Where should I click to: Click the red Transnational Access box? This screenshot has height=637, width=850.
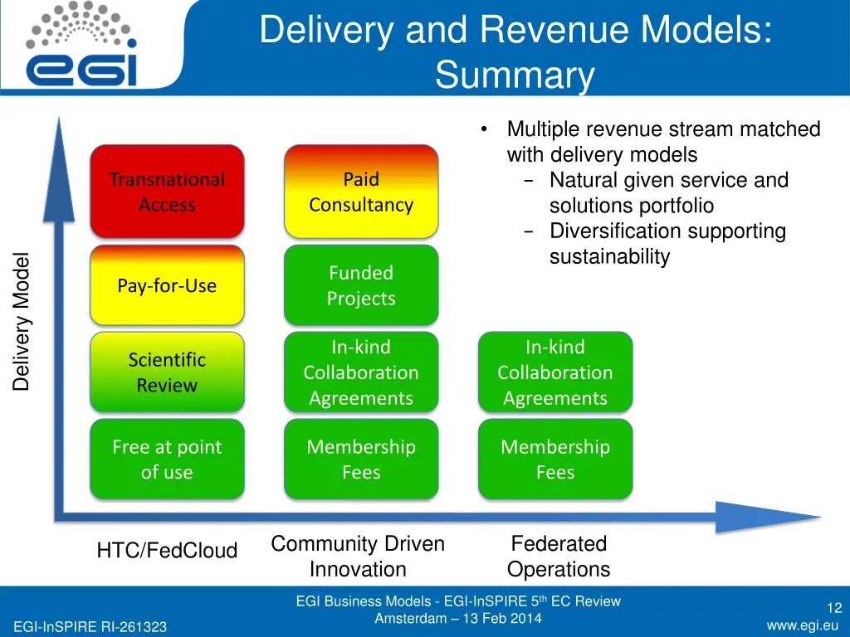click(x=167, y=192)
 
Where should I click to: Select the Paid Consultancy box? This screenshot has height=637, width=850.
click(x=361, y=192)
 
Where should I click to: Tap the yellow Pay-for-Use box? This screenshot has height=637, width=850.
click(x=167, y=285)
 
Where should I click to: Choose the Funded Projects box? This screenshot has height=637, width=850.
click(x=361, y=285)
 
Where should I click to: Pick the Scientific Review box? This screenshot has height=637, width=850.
click(x=167, y=372)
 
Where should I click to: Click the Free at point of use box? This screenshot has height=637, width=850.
click(x=167, y=460)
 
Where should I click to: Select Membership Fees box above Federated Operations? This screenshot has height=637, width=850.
click(x=555, y=460)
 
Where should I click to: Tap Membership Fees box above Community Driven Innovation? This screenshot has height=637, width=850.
click(x=361, y=460)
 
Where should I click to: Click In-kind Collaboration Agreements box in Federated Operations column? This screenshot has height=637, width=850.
click(x=555, y=372)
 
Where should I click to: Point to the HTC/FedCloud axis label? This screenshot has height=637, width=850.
click(x=167, y=550)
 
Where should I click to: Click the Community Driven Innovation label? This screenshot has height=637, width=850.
click(x=358, y=557)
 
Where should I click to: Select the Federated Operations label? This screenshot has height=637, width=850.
click(x=559, y=557)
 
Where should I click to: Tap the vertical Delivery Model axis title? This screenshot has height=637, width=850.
click(x=22, y=321)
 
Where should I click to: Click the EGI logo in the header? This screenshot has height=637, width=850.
click(x=81, y=46)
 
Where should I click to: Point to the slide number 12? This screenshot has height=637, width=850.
click(x=833, y=609)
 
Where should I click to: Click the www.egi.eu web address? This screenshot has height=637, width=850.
click(x=802, y=625)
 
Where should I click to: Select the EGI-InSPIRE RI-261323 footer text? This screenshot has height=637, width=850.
click(x=90, y=627)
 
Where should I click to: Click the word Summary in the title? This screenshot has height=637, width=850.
click(x=515, y=76)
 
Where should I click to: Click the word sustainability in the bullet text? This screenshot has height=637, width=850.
click(x=609, y=257)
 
